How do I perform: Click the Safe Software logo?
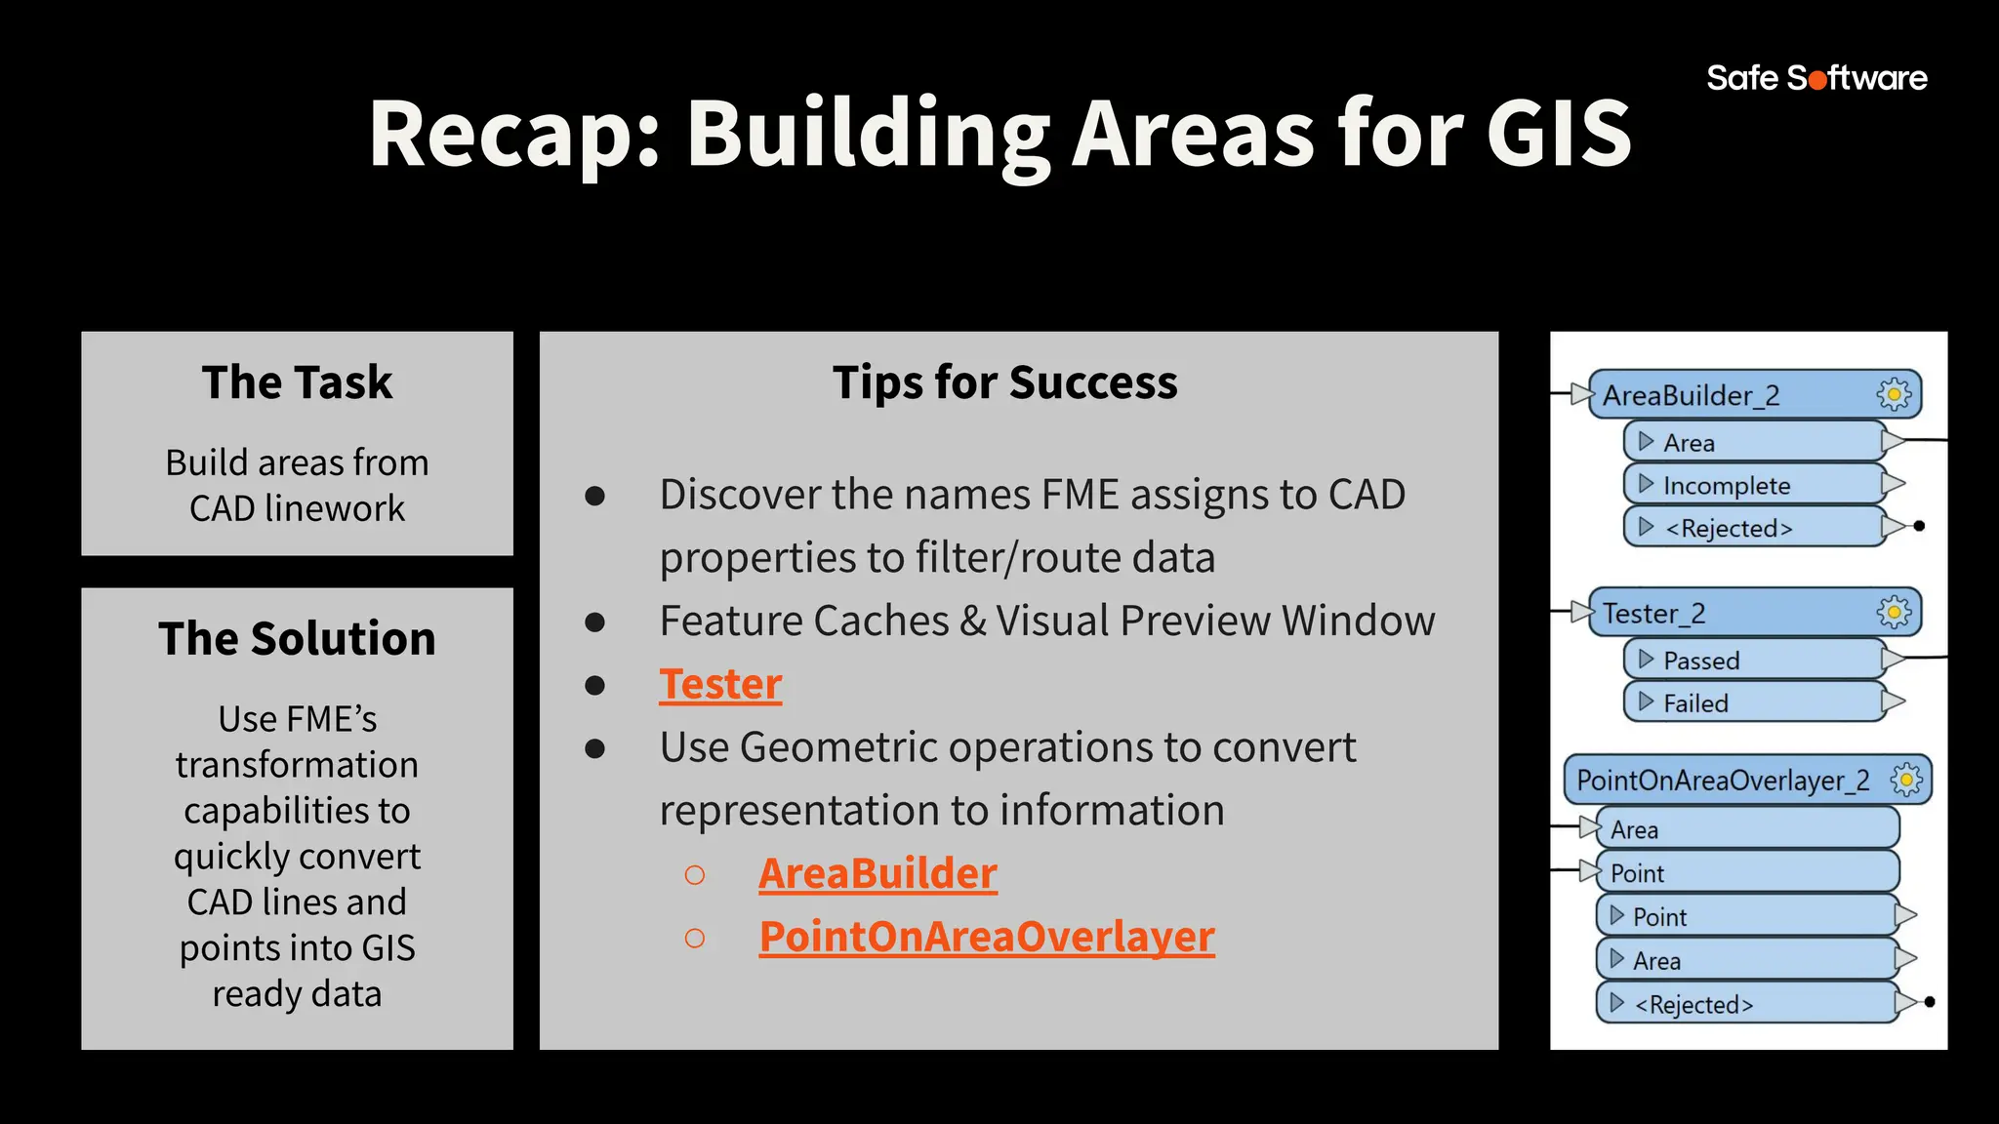click(1816, 77)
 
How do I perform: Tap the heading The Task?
click(297, 382)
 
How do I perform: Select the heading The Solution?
click(297, 639)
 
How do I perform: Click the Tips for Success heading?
click(1004, 382)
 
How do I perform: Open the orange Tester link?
click(720, 684)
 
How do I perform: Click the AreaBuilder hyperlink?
click(877, 873)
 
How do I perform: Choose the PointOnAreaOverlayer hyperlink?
click(987, 937)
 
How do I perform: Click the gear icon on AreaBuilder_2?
click(1894, 394)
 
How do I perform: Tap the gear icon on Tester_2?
click(1894, 613)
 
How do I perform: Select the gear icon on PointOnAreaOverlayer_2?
click(1906, 780)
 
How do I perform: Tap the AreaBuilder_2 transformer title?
click(1691, 395)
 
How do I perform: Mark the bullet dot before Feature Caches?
click(594, 622)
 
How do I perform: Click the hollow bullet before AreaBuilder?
click(695, 874)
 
